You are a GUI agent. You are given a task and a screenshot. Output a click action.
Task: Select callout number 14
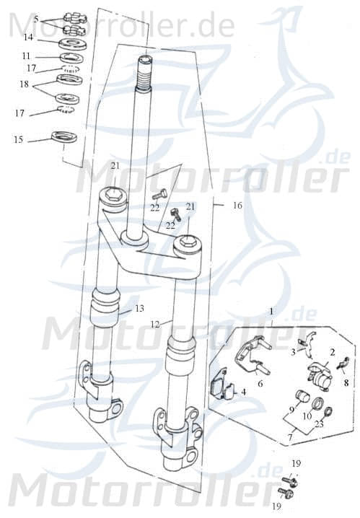(28, 36)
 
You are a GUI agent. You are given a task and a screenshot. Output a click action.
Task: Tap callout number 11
(27, 56)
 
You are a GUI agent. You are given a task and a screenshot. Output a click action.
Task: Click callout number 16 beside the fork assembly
(237, 205)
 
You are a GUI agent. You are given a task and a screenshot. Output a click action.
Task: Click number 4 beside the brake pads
(245, 392)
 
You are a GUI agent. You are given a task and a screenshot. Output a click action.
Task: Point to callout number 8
(345, 383)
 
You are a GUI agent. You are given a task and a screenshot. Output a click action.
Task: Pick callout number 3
(294, 352)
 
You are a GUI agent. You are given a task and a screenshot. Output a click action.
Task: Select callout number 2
(333, 351)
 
